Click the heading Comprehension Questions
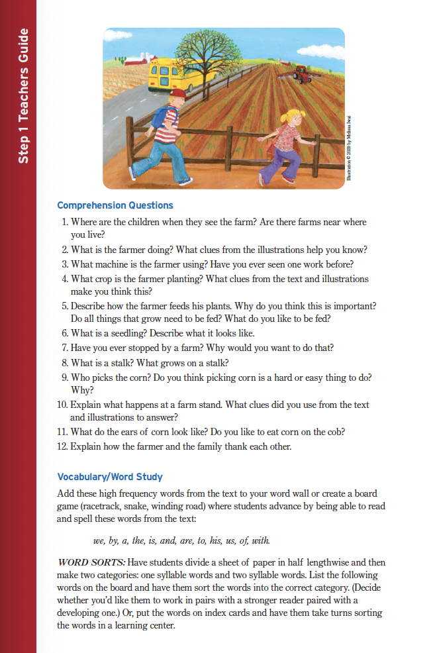pyautogui.click(x=115, y=205)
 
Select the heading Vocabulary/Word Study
pyautogui.click(x=110, y=477)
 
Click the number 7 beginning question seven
pyautogui.click(x=64, y=348)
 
